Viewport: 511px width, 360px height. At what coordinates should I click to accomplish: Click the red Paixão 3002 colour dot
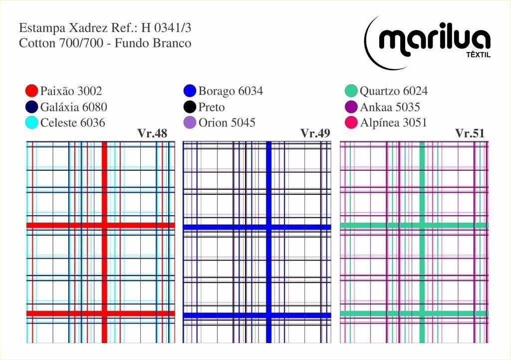(x=31, y=91)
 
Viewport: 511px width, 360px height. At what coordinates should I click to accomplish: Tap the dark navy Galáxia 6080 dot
(x=31, y=107)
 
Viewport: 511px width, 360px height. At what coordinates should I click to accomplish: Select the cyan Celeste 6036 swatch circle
(x=31, y=122)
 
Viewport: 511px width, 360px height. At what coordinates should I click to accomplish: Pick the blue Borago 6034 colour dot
(x=190, y=91)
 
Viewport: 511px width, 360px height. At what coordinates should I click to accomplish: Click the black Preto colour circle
(x=190, y=107)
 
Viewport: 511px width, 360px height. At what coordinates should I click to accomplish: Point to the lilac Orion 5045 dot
(x=190, y=122)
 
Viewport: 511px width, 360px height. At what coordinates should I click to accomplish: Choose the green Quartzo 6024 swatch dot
(x=351, y=91)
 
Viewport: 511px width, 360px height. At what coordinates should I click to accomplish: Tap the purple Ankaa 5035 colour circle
(x=351, y=107)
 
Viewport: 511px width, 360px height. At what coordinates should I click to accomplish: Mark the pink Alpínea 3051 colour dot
(x=351, y=122)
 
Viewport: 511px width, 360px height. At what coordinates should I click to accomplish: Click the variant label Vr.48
(x=152, y=133)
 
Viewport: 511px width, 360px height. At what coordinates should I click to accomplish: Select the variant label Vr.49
(x=316, y=133)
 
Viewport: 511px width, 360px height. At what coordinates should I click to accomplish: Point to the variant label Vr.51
(x=470, y=133)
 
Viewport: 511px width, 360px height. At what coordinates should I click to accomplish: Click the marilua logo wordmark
(x=434, y=39)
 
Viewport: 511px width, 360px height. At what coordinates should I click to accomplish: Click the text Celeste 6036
(x=73, y=122)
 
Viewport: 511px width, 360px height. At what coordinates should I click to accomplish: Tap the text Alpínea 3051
(x=394, y=122)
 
